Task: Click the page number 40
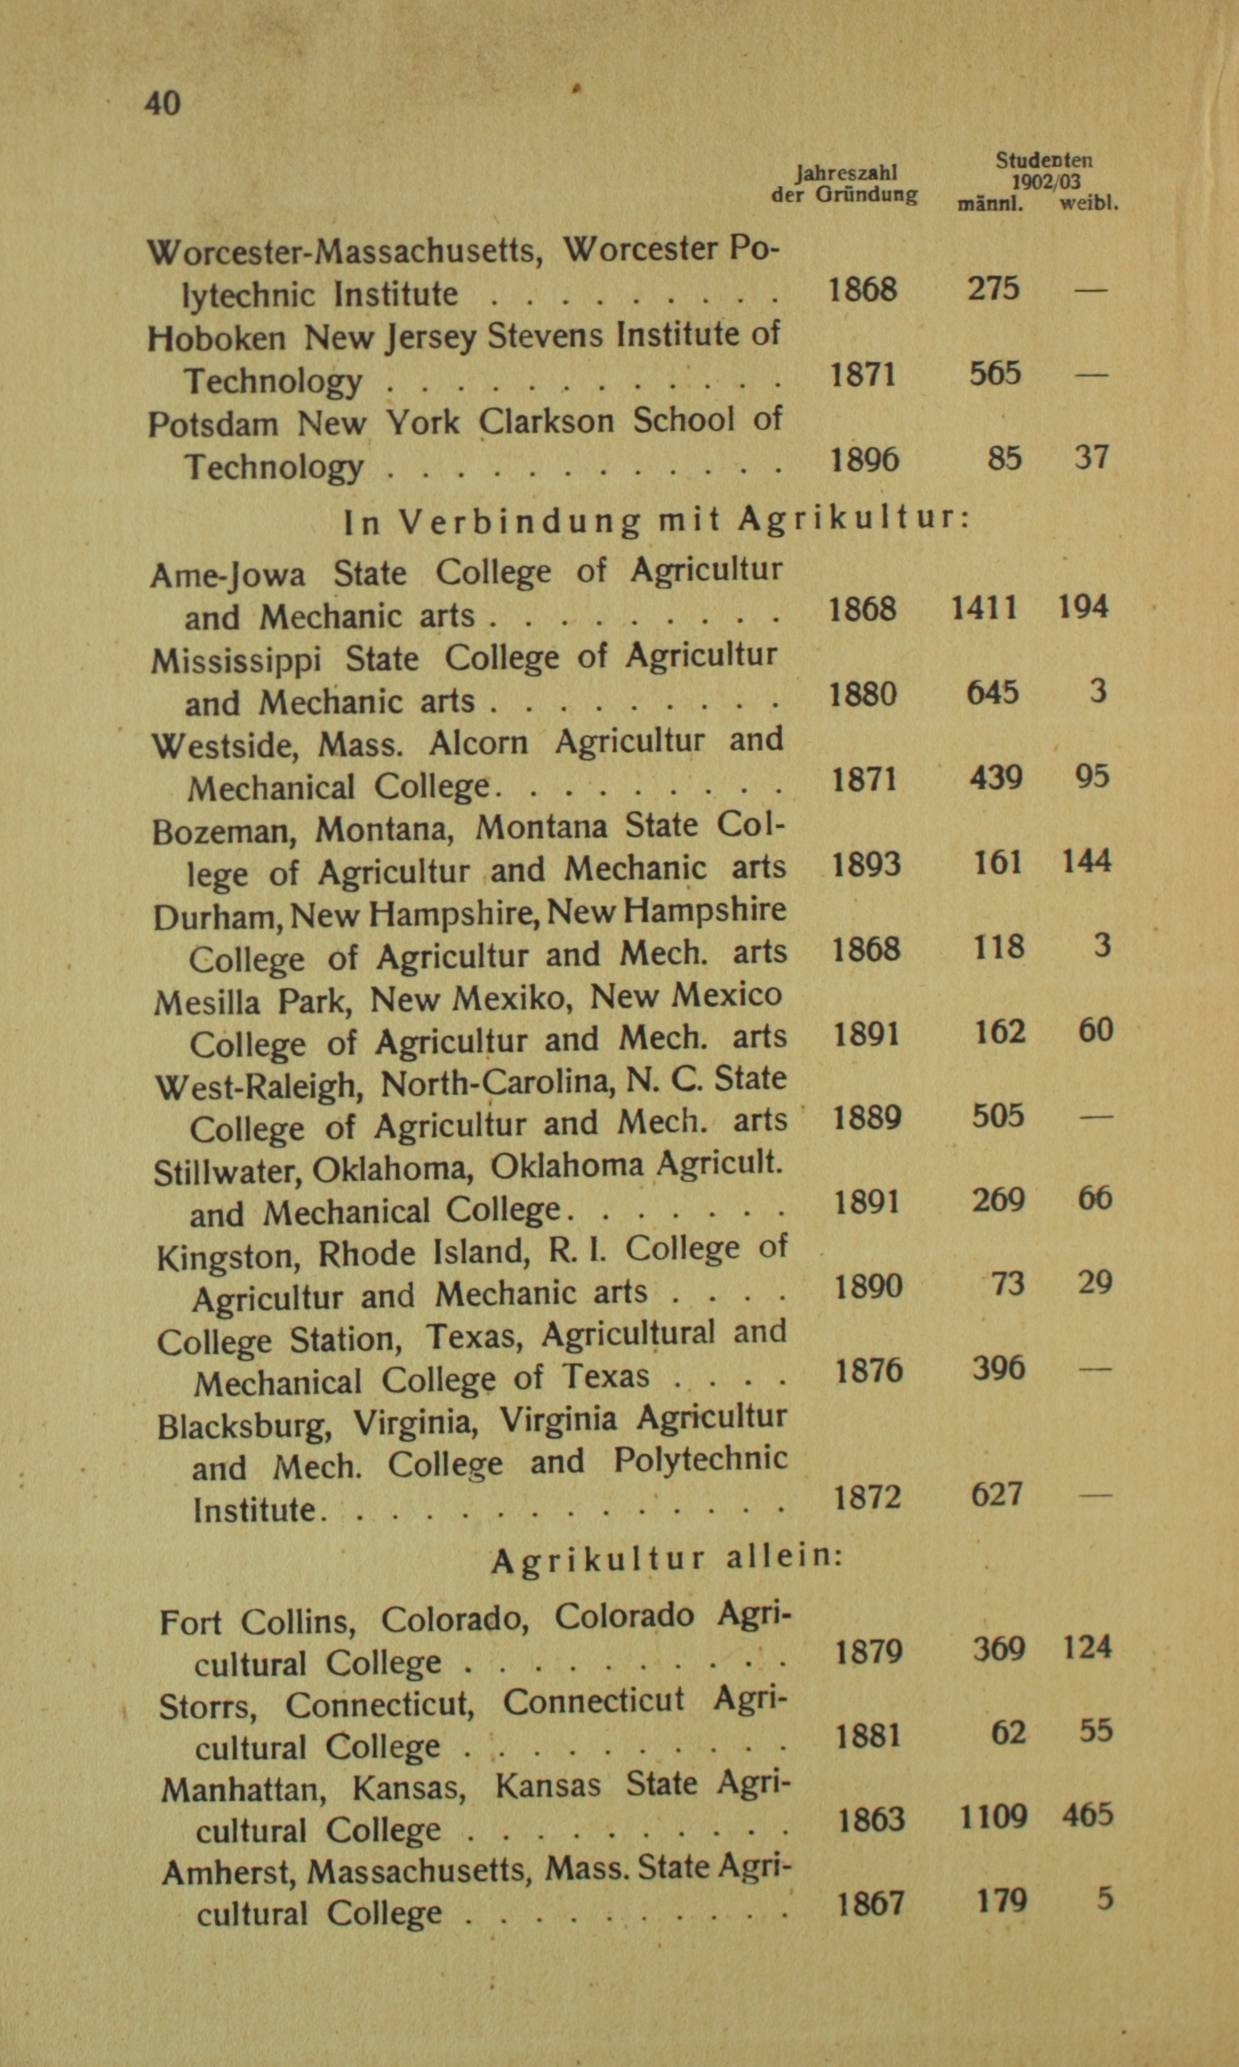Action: tap(162, 104)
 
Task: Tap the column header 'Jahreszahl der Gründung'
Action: tap(844, 184)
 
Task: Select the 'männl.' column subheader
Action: tap(990, 204)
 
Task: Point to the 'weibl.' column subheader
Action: tap(1089, 203)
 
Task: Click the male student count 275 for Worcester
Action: tap(994, 289)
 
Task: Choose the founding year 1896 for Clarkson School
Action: tap(865, 458)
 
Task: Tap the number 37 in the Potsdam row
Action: tap(1091, 457)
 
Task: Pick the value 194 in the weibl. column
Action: tap(1083, 607)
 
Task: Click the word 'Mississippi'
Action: tap(237, 661)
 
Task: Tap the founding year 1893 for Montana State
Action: tap(866, 863)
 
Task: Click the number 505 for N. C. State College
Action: tap(997, 1117)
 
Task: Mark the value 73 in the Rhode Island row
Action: tap(1007, 1283)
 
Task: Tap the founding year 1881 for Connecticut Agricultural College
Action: tap(869, 1736)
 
